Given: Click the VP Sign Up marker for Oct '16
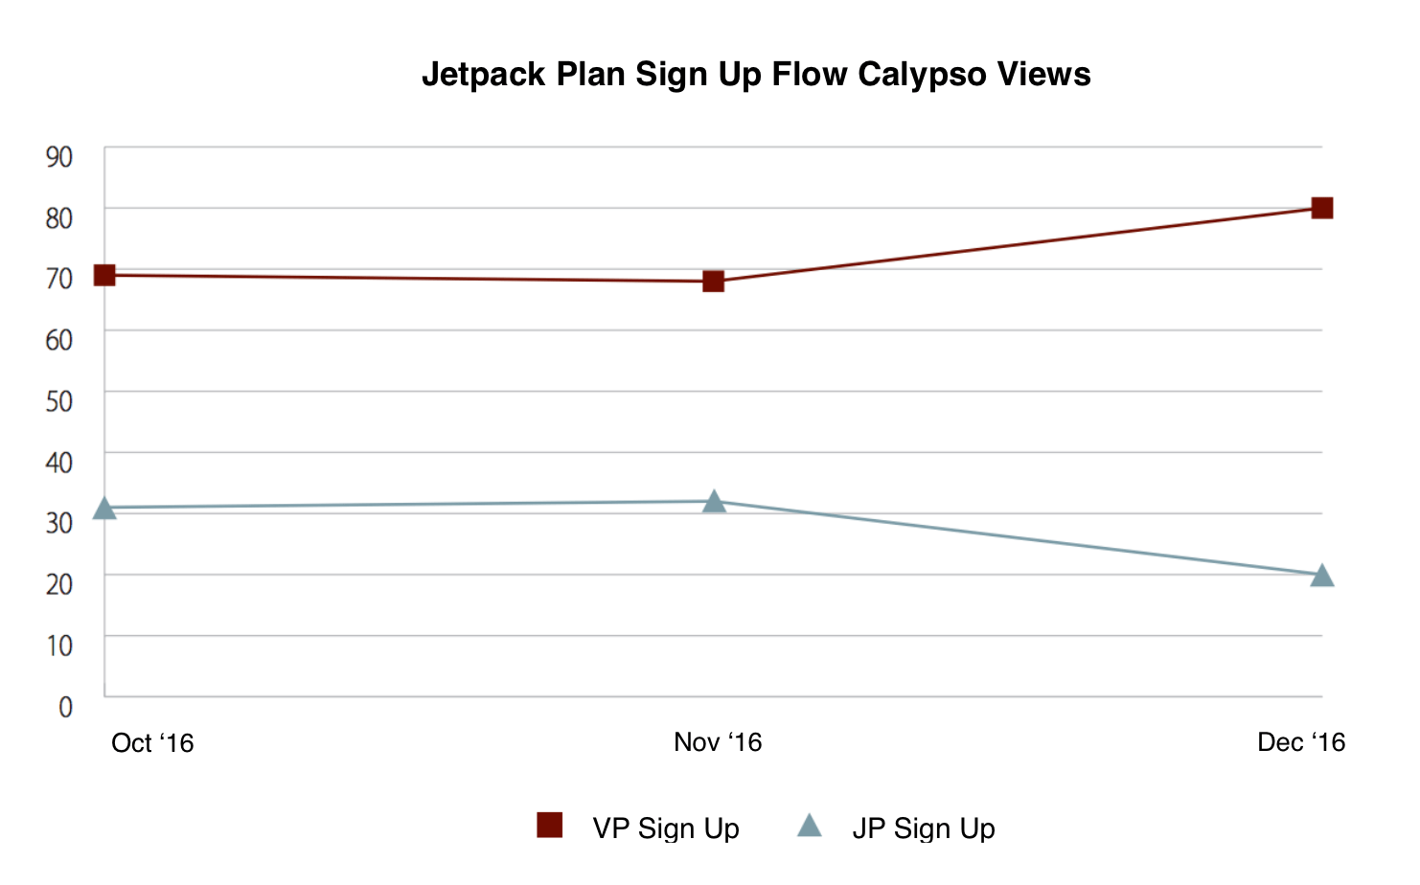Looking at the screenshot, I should pyautogui.click(x=104, y=276).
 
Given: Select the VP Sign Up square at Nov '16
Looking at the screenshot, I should pyautogui.click(x=713, y=282).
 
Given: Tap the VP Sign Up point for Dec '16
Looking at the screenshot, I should pyautogui.click(x=1321, y=208).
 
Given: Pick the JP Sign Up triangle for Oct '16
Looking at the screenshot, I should pyautogui.click(x=104, y=509).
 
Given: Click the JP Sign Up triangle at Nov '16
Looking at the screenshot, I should pyautogui.click(x=713, y=502).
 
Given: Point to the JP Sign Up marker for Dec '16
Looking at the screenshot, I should pyautogui.click(x=1321, y=576).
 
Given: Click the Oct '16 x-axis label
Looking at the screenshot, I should pyautogui.click(x=152, y=743).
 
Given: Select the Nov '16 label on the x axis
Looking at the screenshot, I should pyautogui.click(x=718, y=742).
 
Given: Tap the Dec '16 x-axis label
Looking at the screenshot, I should pyautogui.click(x=1301, y=742).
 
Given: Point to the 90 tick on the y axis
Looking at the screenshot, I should pyautogui.click(x=59, y=157).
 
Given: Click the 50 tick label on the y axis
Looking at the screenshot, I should pyautogui.click(x=59, y=401).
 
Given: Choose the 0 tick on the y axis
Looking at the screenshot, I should pyautogui.click(x=65, y=708).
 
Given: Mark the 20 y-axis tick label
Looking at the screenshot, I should pyautogui.click(x=59, y=584).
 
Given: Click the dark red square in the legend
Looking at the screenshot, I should pyautogui.click(x=549, y=826).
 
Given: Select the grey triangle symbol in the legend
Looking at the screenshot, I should pyautogui.click(x=810, y=826).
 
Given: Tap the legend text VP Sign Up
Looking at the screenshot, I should pyautogui.click(x=666, y=828).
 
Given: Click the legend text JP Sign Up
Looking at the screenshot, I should pyautogui.click(x=924, y=828).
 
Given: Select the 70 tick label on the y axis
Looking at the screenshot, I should pyautogui.click(x=59, y=279).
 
